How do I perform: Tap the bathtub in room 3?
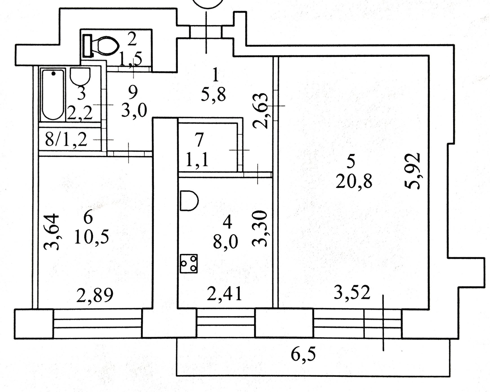click(x=53, y=95)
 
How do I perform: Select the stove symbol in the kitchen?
click(x=189, y=263)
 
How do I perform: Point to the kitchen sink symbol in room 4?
click(x=189, y=201)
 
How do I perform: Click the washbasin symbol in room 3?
click(x=80, y=76)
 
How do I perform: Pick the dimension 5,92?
click(x=413, y=171)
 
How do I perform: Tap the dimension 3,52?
click(x=352, y=293)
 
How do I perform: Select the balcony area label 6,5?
click(x=303, y=355)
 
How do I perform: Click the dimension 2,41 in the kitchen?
click(x=225, y=294)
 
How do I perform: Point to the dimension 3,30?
click(x=260, y=228)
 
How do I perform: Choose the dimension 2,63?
click(x=261, y=110)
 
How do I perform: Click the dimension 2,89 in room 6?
click(x=95, y=295)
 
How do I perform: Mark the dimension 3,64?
click(x=52, y=232)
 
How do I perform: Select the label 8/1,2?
click(x=66, y=140)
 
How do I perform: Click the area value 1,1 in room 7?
click(x=197, y=160)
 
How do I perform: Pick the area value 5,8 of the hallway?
click(x=214, y=95)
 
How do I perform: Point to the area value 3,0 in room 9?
click(x=134, y=110)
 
